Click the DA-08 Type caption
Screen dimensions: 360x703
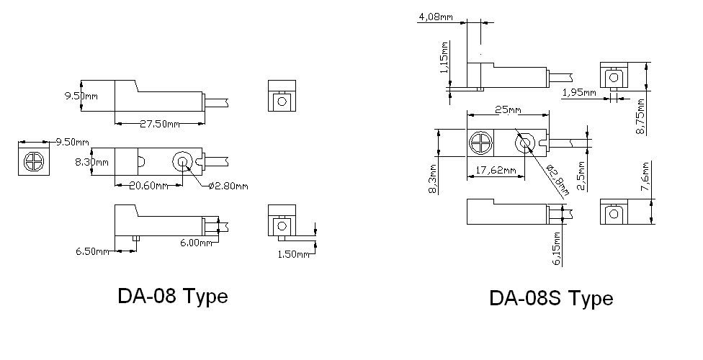tap(172, 295)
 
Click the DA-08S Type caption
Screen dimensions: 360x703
tap(551, 298)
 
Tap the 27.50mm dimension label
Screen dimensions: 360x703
tap(159, 124)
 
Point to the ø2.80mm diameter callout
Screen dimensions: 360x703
tap(228, 186)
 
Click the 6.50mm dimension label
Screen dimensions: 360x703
tap(93, 251)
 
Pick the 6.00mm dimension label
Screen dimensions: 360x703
tap(196, 243)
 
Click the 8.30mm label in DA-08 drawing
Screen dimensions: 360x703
tap(91, 163)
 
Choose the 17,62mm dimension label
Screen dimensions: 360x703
tap(496, 171)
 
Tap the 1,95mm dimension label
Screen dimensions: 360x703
tap(580, 93)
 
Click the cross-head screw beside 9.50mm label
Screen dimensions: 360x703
tap(32, 159)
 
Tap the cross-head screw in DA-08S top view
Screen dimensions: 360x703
tap(478, 143)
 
